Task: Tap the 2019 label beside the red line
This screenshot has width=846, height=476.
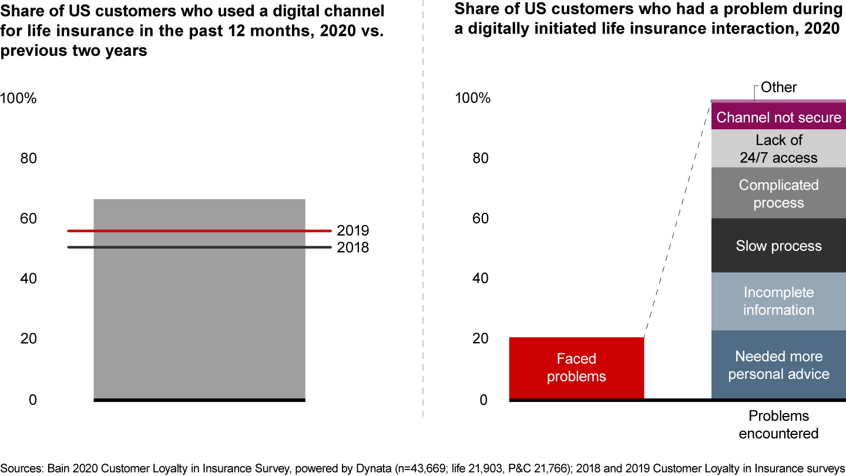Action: point(352,231)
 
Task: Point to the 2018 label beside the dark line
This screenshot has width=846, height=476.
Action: point(352,248)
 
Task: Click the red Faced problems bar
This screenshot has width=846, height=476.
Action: point(576,368)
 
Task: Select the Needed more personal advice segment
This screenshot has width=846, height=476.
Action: point(778,365)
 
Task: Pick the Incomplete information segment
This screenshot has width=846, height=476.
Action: point(778,301)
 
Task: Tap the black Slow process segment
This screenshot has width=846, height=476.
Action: point(778,246)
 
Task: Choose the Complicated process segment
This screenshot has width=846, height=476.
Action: point(778,193)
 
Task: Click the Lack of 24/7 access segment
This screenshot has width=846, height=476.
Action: point(778,149)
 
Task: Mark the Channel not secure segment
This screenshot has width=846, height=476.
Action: point(778,117)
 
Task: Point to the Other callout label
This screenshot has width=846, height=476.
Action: point(778,88)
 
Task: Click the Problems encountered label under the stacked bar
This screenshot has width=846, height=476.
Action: point(778,425)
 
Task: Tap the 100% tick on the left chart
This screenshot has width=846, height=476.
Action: point(18,98)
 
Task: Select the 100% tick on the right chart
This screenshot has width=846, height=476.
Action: point(472,98)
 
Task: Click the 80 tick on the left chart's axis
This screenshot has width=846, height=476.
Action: point(28,159)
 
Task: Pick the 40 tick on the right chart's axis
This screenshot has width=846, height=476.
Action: point(480,279)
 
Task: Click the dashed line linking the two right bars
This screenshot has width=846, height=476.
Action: point(677,219)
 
